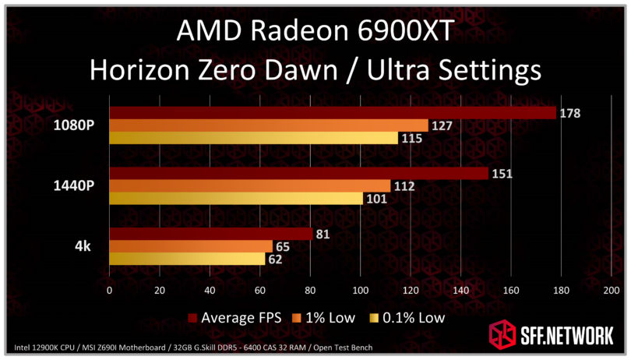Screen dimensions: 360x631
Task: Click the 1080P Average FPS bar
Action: click(x=333, y=113)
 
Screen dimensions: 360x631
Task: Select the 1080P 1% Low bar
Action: click(x=269, y=125)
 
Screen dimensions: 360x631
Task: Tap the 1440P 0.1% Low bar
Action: click(x=236, y=198)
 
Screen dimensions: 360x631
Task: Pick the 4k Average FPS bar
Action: click(x=210, y=234)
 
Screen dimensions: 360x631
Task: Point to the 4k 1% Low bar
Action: click(x=191, y=246)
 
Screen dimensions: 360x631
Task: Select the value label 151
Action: click(x=502, y=174)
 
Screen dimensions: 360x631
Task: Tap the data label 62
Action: click(x=277, y=259)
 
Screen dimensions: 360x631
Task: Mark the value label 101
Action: click(x=376, y=199)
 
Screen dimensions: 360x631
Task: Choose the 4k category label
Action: click(x=82, y=246)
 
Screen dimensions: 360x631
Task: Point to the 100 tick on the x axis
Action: click(x=360, y=291)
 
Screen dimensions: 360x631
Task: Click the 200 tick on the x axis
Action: click(x=611, y=291)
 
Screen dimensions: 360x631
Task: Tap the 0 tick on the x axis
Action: click(x=109, y=291)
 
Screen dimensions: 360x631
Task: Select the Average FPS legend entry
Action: click(x=234, y=317)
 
